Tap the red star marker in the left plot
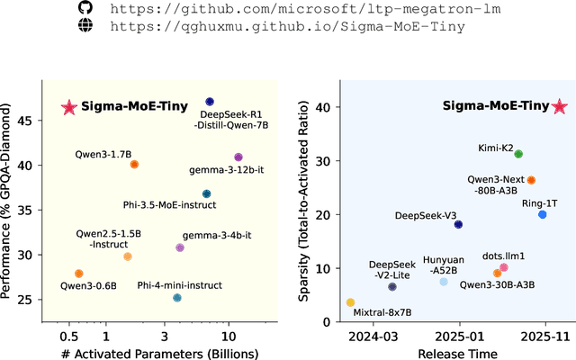(x=68, y=107)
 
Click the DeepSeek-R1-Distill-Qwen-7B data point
(x=210, y=103)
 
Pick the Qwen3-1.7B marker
(x=134, y=165)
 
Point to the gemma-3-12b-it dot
(x=238, y=157)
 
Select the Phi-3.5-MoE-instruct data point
(x=206, y=193)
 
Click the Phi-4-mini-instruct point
(x=177, y=298)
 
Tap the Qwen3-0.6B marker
(x=78, y=274)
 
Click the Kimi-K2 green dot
(x=517, y=154)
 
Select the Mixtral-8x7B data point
(x=350, y=302)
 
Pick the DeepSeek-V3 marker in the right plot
(x=458, y=224)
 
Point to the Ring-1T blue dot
(x=542, y=214)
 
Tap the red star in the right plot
(x=559, y=107)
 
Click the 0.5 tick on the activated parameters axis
(x=68, y=336)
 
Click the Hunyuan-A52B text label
(x=443, y=264)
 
